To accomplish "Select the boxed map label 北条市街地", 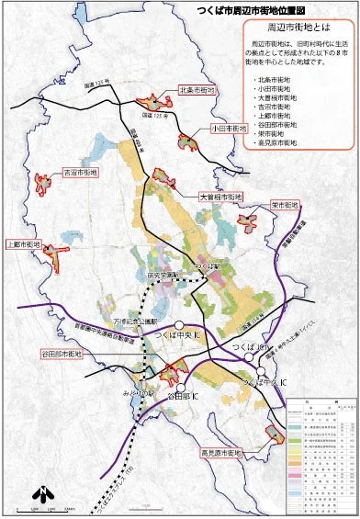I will click(x=197, y=91).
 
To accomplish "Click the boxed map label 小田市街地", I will click(x=230, y=129).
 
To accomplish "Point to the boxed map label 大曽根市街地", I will click(x=219, y=197).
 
